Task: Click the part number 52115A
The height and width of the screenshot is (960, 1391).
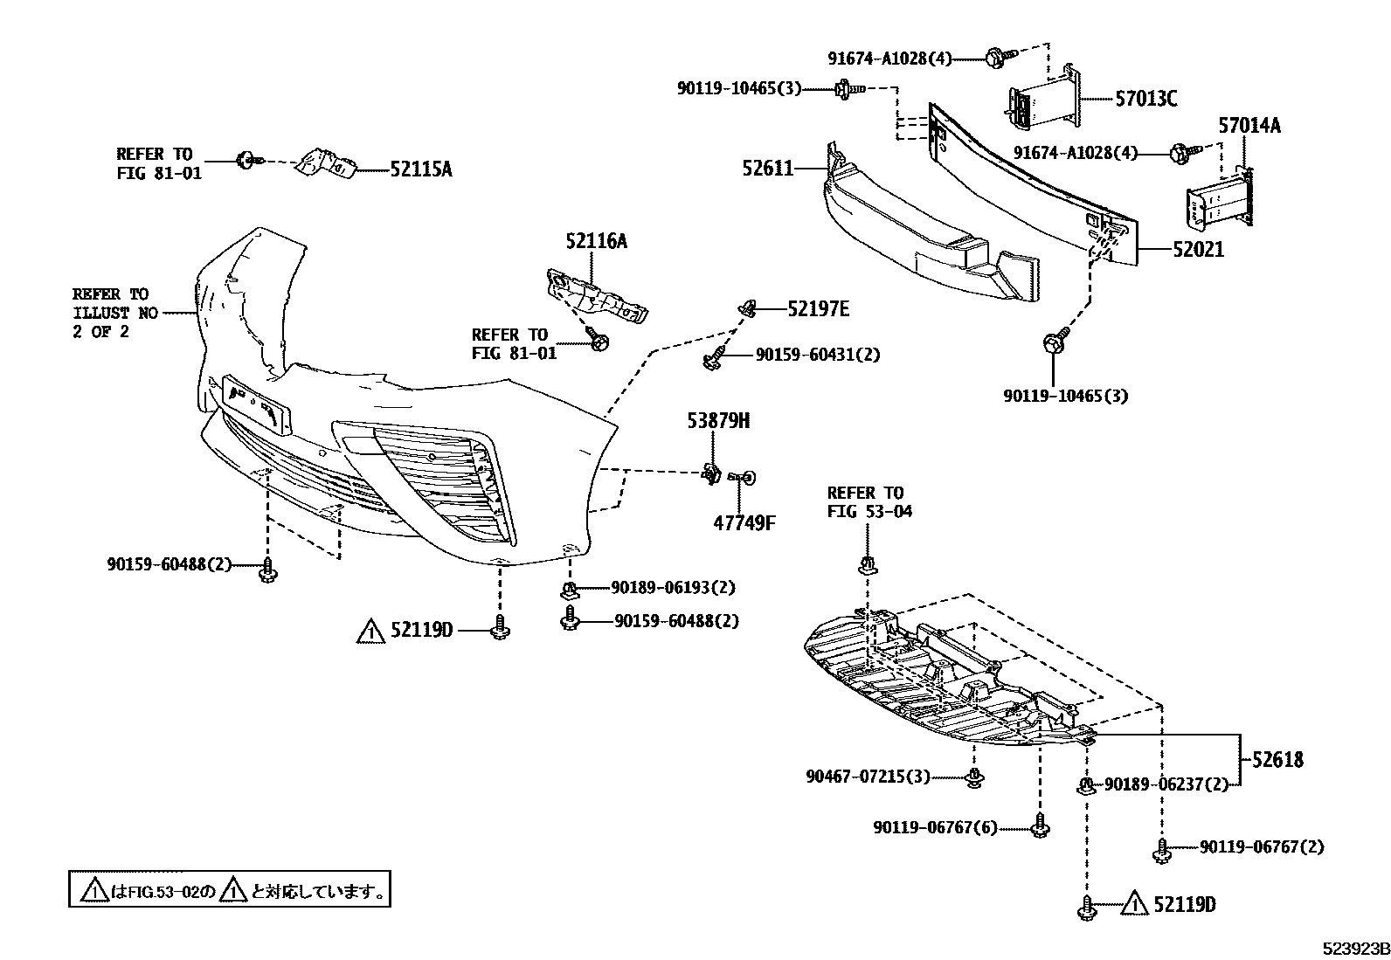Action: coord(419,169)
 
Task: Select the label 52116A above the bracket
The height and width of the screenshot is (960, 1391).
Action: coord(596,241)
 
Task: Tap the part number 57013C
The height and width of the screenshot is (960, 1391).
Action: coord(1145,99)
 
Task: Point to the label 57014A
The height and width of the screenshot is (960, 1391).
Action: coord(1249,126)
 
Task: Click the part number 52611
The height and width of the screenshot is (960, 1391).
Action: coord(767,167)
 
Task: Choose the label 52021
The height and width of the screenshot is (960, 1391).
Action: coord(1198,250)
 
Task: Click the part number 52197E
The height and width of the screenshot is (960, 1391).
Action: coord(818,308)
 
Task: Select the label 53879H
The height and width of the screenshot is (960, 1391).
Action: coord(718,421)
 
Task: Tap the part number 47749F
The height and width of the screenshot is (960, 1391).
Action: coord(744,523)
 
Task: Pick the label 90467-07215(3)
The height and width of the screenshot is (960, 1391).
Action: coord(867,776)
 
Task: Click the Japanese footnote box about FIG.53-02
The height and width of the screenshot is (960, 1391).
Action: coord(230,891)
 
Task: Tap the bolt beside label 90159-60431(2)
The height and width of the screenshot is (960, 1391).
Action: coord(713,356)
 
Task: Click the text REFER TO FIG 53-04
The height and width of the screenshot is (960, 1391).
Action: coord(869,501)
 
